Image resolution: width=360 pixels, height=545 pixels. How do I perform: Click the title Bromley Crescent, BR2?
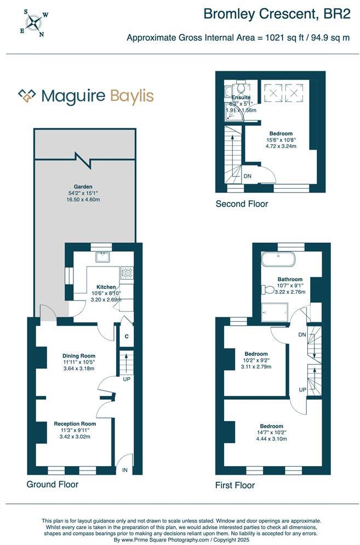[277, 14]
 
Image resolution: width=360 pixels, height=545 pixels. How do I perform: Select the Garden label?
[84, 186]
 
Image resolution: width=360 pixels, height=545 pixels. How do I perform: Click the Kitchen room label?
[106, 287]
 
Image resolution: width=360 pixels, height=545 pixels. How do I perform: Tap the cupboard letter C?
[126, 336]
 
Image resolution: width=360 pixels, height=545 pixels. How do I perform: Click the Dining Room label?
[78, 355]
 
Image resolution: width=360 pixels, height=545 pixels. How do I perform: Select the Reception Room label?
[75, 424]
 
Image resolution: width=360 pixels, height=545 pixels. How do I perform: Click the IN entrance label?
[125, 470]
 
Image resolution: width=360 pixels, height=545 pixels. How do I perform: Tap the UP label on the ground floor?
[126, 379]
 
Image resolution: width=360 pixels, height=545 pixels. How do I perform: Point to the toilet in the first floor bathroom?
[268, 289]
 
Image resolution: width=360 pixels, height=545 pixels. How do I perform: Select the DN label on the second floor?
[248, 176]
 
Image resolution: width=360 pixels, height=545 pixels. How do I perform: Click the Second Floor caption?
[242, 204]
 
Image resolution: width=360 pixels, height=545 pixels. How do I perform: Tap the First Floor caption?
[235, 485]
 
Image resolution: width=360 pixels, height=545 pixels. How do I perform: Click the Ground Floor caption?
[53, 484]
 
